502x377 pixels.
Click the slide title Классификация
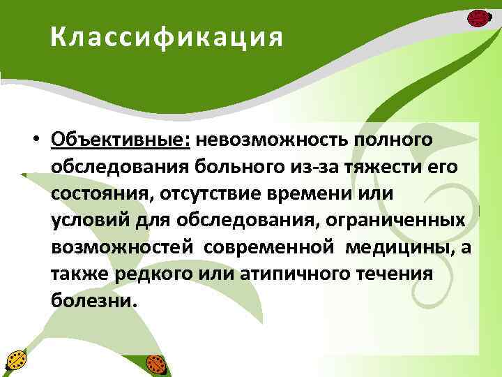pyautogui.click(x=167, y=37)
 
